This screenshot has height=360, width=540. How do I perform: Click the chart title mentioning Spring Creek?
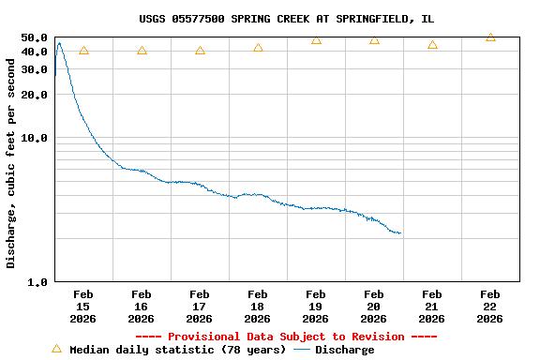point(286,19)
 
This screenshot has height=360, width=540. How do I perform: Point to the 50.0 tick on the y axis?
point(34,37)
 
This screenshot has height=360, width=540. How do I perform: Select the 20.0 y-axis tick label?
point(34,95)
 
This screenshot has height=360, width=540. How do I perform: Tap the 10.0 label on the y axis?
point(34,138)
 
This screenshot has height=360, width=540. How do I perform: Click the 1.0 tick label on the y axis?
point(37,281)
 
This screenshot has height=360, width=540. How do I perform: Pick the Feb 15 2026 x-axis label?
point(83,307)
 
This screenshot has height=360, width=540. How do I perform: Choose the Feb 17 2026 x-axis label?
point(200,307)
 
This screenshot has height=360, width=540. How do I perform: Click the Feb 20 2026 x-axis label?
point(374,307)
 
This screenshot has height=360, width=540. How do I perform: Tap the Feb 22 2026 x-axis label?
point(490,307)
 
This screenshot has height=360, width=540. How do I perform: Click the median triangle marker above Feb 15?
point(83,51)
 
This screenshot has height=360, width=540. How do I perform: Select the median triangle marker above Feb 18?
point(258,48)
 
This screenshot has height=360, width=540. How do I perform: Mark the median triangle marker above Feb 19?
point(316,40)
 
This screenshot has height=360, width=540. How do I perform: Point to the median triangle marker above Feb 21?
point(432,45)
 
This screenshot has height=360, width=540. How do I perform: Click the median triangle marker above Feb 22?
point(490,37)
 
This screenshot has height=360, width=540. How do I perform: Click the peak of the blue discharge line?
point(59,42)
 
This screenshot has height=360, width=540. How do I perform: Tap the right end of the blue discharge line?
point(400,232)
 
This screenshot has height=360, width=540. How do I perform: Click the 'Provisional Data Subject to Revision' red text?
point(286,337)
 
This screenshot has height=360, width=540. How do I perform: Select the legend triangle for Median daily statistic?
point(56,349)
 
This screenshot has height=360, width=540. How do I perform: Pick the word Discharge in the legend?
point(344,350)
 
